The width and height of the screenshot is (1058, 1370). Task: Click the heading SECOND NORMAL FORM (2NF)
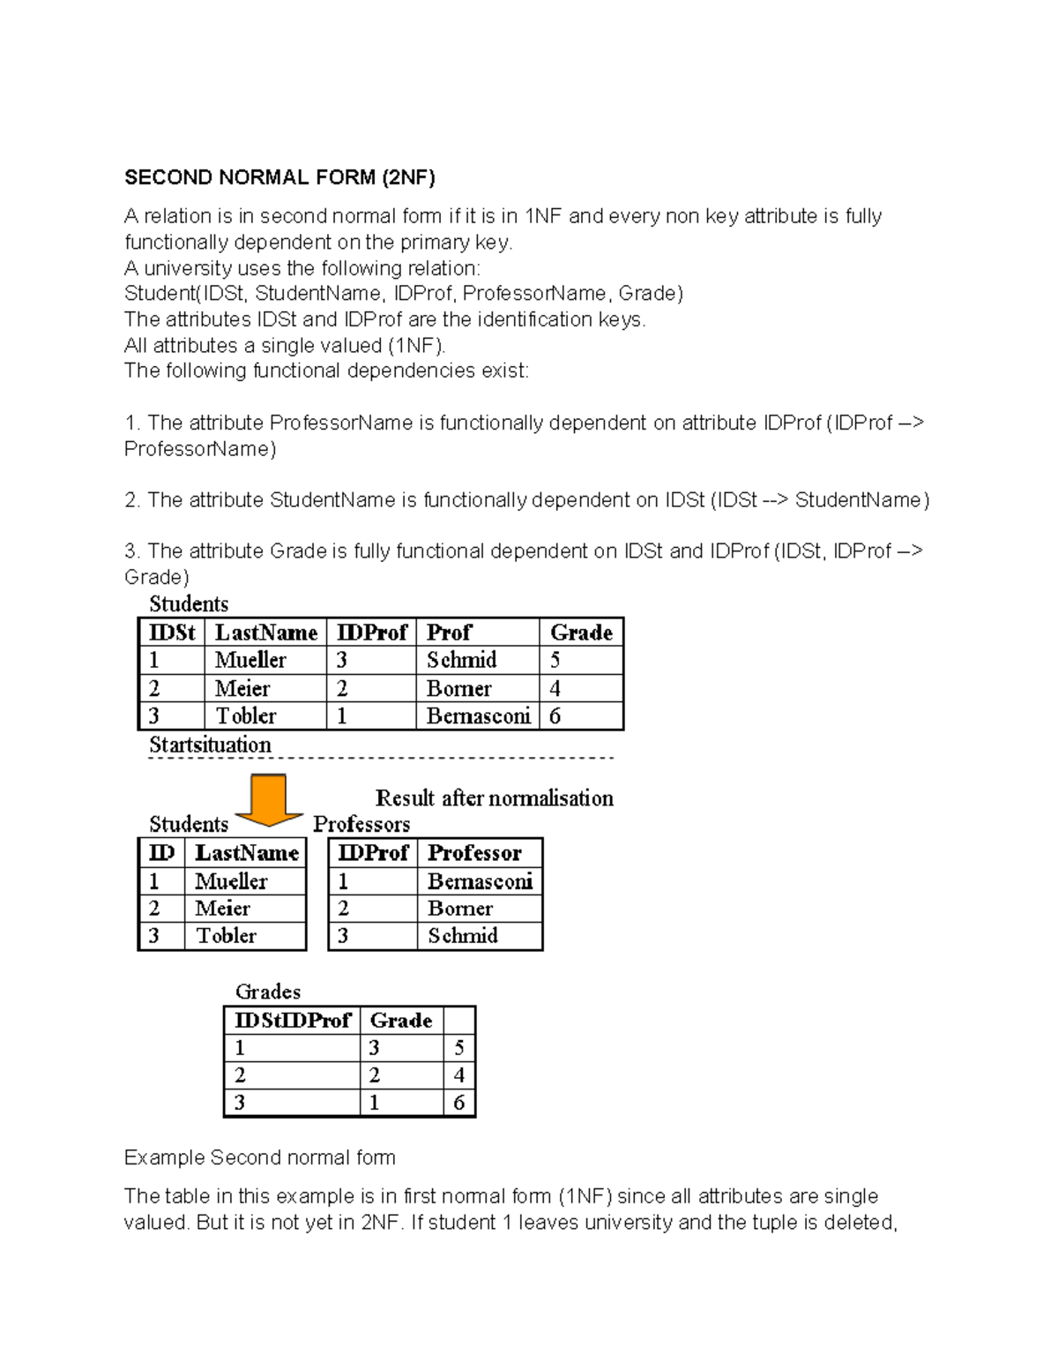[x=279, y=177]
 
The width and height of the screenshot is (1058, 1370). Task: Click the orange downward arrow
[x=269, y=799]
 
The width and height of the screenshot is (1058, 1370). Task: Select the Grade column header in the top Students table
[x=580, y=633]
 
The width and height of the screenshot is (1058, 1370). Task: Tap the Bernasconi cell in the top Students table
[x=478, y=715]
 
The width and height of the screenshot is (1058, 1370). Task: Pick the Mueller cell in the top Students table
[x=250, y=660]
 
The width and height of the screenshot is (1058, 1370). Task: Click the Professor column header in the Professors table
[x=474, y=853]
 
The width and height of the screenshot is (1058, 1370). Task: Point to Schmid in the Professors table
[x=463, y=936]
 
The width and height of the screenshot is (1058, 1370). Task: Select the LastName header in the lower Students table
[x=247, y=853]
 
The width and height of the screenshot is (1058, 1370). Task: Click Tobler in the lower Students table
[x=226, y=936]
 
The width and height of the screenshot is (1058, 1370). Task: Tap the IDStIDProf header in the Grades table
[x=293, y=1021]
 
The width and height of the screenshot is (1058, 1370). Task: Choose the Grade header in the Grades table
[x=401, y=1021]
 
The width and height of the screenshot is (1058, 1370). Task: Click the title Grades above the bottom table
[x=268, y=992]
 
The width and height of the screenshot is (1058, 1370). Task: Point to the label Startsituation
[x=210, y=745]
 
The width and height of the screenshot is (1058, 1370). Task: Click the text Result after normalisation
[x=494, y=798]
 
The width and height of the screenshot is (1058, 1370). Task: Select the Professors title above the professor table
[x=361, y=824]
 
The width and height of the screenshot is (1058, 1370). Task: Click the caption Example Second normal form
[x=260, y=1157]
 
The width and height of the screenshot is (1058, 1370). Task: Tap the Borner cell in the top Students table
[x=458, y=688]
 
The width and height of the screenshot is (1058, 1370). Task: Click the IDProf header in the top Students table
[x=372, y=633]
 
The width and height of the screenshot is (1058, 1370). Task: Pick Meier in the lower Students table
[x=222, y=909]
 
